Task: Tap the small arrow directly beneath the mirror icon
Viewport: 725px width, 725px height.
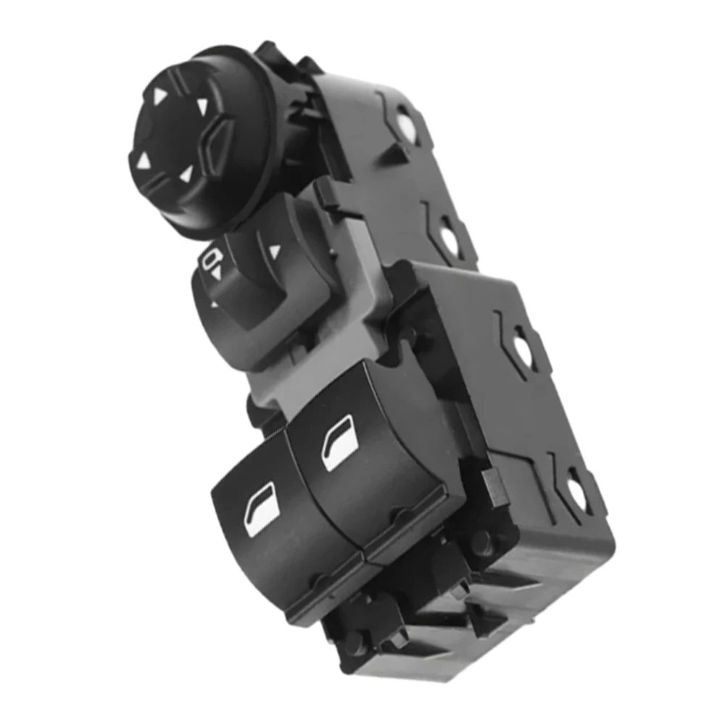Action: [x=216, y=275]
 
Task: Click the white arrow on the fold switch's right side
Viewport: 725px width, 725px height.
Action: [x=274, y=251]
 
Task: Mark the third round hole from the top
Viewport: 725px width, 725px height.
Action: [x=522, y=345]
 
